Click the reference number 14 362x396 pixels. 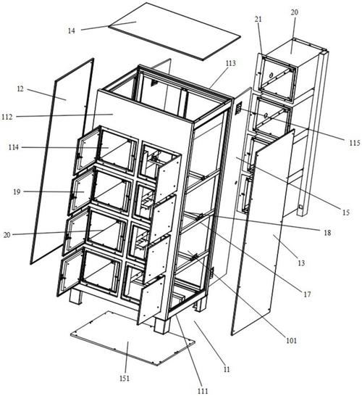72,30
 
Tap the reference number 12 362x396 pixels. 20,89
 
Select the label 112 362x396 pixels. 7,117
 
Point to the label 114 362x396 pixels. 13,147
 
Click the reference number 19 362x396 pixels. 17,192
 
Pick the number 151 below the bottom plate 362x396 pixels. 125,379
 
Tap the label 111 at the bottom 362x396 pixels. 203,391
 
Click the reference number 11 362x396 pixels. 227,369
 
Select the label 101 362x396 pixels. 291,341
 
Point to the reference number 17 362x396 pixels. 307,294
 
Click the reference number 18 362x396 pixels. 327,233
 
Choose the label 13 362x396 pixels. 301,263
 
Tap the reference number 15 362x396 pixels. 346,213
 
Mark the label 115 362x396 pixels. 355,143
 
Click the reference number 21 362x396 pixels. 258,19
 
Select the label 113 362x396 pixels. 231,63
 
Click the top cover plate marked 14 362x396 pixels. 174,32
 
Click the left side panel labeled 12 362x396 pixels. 62,162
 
